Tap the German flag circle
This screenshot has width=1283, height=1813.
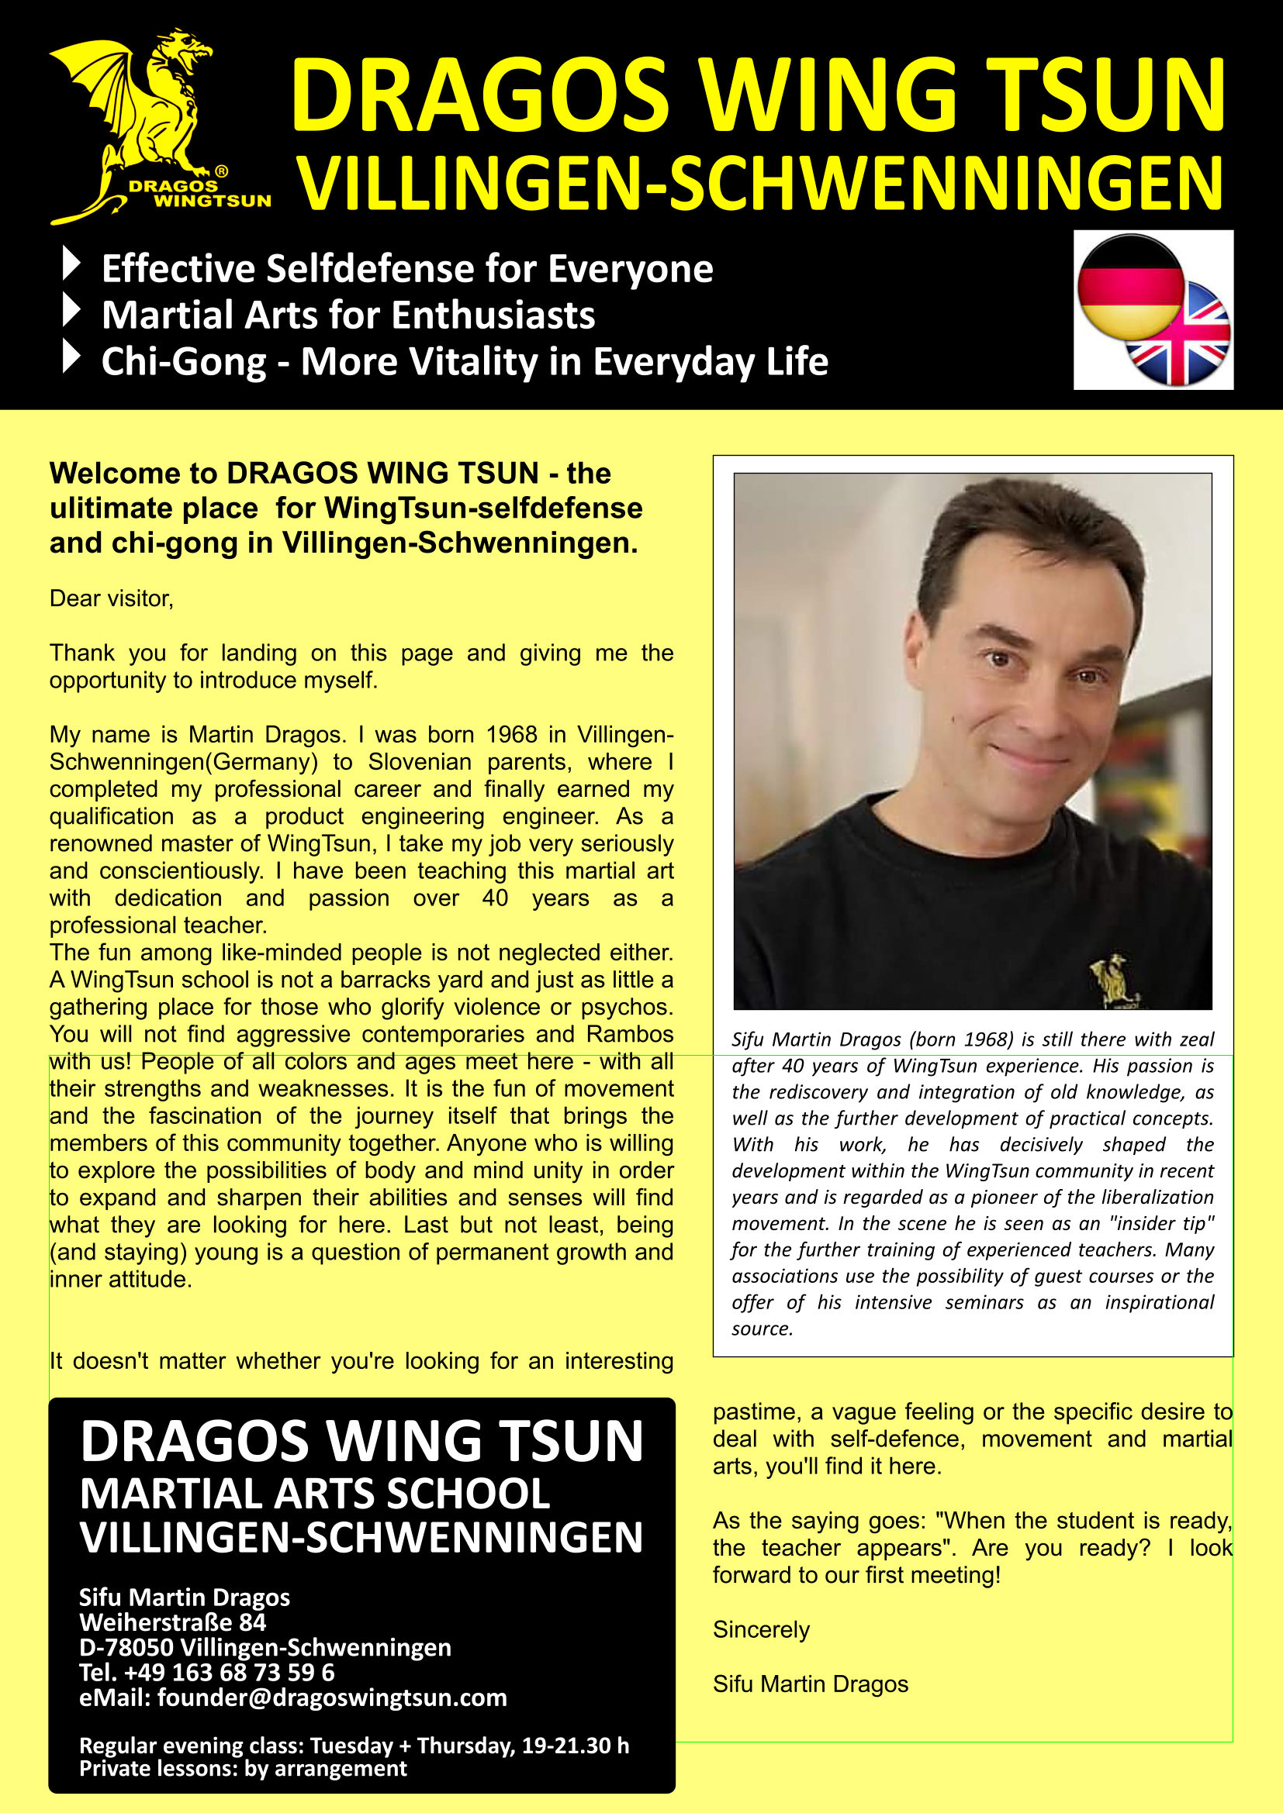point(1130,286)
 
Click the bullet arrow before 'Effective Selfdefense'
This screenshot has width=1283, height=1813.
point(71,264)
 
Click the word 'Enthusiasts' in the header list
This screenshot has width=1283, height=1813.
point(493,315)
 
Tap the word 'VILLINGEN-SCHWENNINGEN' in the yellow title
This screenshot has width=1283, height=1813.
point(761,183)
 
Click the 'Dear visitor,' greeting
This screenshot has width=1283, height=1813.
point(112,598)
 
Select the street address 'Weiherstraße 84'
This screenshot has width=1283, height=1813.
point(172,1622)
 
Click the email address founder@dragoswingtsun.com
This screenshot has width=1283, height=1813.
point(332,1698)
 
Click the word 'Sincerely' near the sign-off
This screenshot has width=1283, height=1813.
point(761,1629)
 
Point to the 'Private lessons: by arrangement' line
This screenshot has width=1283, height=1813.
point(243,1769)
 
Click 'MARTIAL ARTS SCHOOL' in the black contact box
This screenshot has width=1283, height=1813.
point(314,1494)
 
